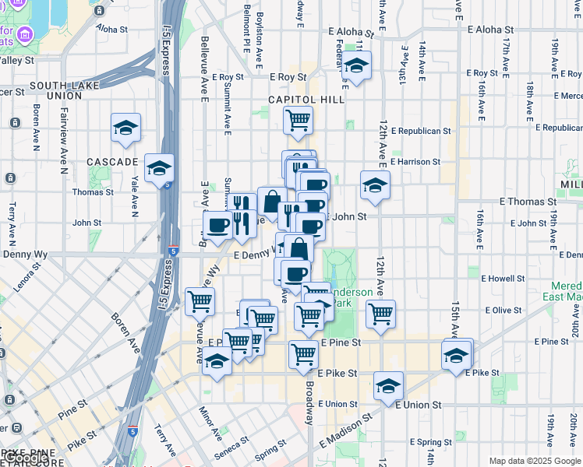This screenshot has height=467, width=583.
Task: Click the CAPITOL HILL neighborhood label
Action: (306, 100)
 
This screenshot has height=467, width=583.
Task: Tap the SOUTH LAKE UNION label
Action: (55, 90)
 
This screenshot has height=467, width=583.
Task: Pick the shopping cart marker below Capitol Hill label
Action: (298, 121)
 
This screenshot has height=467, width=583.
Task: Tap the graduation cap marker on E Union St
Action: (388, 386)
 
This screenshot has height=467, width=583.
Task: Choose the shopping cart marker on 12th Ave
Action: (380, 314)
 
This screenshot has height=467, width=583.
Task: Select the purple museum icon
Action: (24, 34)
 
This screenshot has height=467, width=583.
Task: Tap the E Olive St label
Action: (501, 310)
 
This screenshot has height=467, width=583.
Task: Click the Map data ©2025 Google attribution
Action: (535, 461)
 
